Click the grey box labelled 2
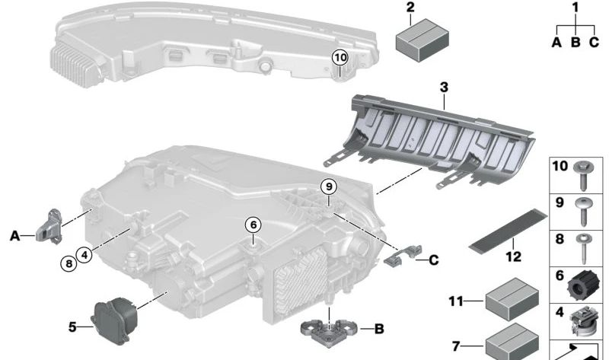coord(422,41)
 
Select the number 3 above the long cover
coord(445,88)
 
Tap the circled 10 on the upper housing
coord(340,58)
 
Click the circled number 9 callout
coord(329,186)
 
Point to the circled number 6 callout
coord(253,225)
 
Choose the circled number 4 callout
coord(84,255)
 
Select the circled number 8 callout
coord(69,264)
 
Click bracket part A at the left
coord(49,226)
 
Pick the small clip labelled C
coord(403,256)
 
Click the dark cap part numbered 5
coord(114,320)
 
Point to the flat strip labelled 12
coord(508,231)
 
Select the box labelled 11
coord(512,299)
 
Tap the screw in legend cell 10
coord(583,175)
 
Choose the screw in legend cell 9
coord(583,212)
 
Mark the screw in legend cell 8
coord(584,249)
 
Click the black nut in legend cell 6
coord(581,285)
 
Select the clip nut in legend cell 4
coord(582,320)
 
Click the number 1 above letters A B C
coord(576,8)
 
